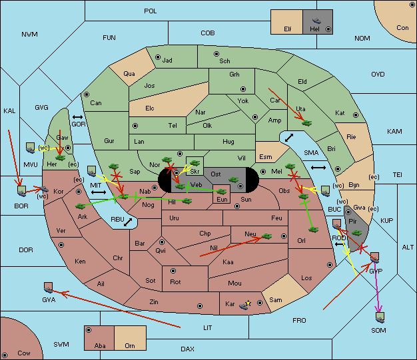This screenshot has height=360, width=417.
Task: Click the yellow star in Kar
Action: (x=248, y=303)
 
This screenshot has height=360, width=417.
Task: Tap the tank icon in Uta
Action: (x=307, y=123)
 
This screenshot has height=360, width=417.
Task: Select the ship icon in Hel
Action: (x=316, y=21)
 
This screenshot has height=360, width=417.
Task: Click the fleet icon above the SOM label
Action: (x=380, y=317)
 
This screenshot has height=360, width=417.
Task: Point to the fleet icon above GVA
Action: (x=49, y=287)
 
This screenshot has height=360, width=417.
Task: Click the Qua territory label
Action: (x=129, y=74)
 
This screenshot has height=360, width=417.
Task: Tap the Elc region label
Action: (x=150, y=108)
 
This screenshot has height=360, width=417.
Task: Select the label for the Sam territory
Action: (x=276, y=300)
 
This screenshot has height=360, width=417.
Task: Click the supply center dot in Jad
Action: (x=158, y=57)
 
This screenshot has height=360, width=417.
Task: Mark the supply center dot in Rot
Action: (x=173, y=271)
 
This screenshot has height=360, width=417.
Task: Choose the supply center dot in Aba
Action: (x=89, y=330)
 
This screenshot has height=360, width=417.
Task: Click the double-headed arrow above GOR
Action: (x=77, y=117)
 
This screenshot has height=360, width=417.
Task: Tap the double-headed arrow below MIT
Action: (x=99, y=192)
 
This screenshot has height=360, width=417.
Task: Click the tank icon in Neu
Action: (x=266, y=236)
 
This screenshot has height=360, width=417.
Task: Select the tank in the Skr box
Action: (x=195, y=162)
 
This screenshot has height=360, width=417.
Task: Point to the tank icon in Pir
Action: (x=356, y=233)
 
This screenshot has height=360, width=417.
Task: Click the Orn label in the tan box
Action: (x=130, y=345)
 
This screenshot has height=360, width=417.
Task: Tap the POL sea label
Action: (x=151, y=11)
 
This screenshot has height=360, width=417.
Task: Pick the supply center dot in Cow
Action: (x=5, y=355)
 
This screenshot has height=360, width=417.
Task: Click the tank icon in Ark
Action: (x=81, y=206)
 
